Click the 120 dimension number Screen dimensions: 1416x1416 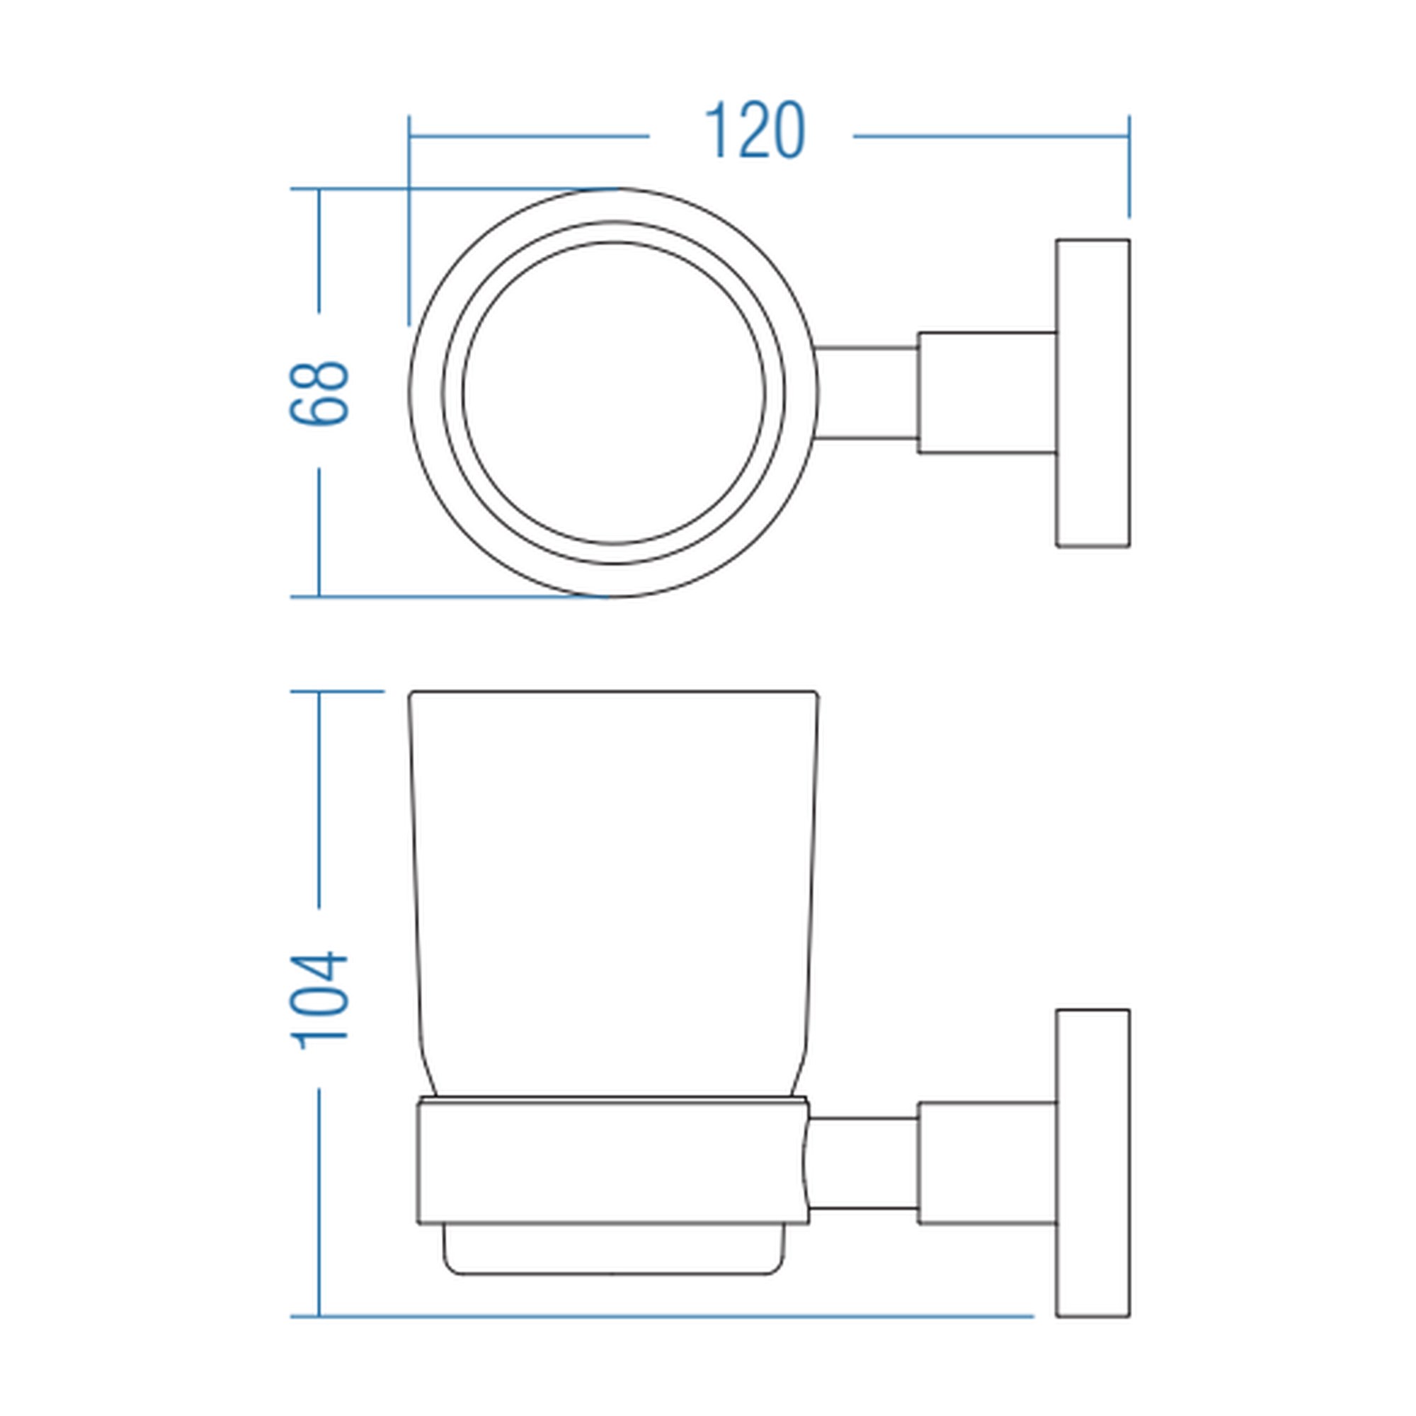pos(754,130)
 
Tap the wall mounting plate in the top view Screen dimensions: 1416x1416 pos(1092,393)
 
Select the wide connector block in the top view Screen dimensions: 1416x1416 pos(987,393)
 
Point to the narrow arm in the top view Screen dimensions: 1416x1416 pos(867,393)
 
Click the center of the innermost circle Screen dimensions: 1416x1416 pos(614,393)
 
